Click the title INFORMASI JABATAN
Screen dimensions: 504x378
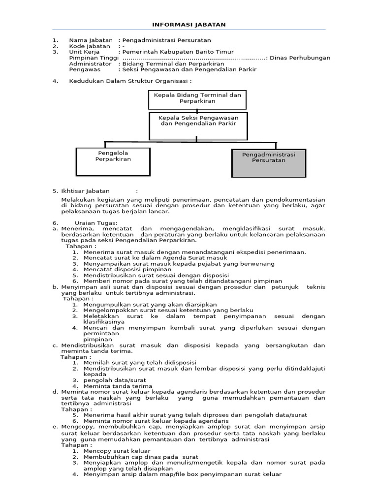[189, 25]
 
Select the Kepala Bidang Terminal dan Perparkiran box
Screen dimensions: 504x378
[197, 98]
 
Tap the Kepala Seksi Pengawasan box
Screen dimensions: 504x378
[197, 126]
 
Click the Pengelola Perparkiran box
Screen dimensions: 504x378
[113, 161]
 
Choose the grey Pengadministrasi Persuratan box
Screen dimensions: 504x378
[268, 162]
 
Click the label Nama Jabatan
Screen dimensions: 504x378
[91, 40]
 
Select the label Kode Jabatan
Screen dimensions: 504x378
[90, 46]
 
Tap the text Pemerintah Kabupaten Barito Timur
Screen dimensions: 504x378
[178, 52]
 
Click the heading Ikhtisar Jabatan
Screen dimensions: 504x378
[85, 191]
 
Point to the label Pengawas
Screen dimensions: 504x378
[85, 69]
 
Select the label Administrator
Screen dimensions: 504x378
[90, 63]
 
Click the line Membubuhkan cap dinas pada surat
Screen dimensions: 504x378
[141, 457]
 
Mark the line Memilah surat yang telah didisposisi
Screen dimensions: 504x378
[140, 363]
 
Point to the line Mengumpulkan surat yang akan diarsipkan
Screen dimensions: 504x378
[150, 305]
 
